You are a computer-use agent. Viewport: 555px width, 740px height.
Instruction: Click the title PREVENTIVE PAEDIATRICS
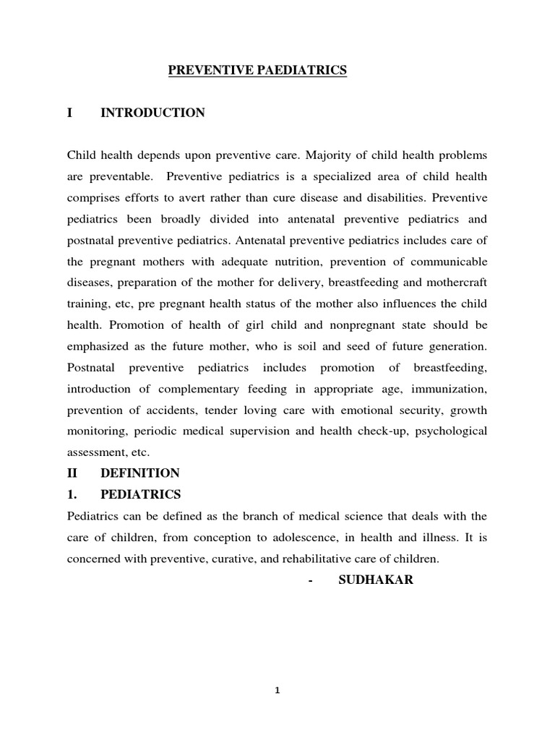point(258,70)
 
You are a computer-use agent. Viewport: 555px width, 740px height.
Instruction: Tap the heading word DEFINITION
point(139,473)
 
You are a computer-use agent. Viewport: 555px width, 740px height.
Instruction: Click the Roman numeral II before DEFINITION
point(74,473)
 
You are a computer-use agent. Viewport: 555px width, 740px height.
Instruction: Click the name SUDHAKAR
point(376,580)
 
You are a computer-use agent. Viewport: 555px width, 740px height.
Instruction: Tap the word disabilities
point(398,197)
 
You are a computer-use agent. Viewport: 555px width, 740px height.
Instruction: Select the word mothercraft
point(452,282)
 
